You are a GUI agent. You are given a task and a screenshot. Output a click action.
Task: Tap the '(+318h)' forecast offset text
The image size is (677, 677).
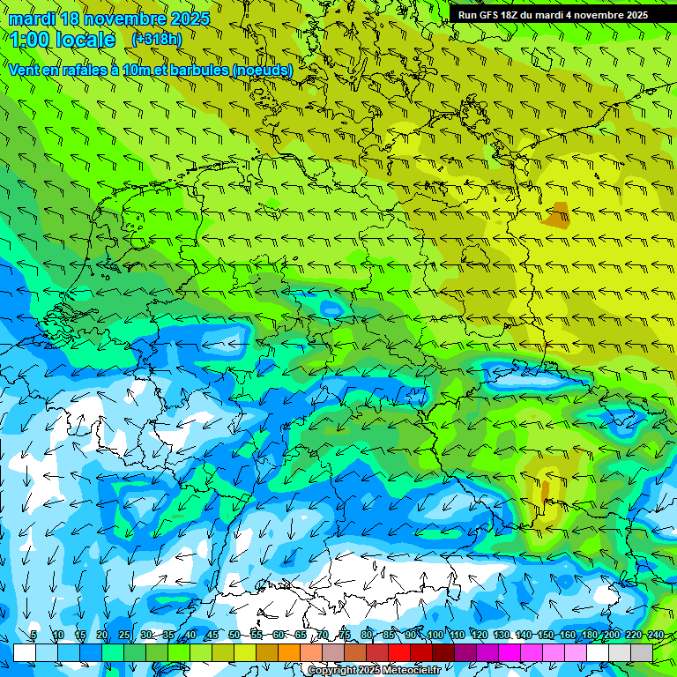point(157,39)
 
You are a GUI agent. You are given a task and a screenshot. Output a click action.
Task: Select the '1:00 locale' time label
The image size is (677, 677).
point(63,40)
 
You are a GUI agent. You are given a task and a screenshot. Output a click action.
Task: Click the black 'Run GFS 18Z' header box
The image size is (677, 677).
point(553,15)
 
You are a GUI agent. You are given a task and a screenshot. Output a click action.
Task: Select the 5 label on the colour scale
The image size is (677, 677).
point(33,636)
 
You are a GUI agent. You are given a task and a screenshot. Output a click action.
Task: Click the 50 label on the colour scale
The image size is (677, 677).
point(234,636)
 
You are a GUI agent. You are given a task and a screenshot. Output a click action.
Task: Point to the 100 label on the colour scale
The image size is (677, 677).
point(434,636)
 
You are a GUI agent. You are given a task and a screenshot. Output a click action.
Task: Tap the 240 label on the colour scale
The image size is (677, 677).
point(655,636)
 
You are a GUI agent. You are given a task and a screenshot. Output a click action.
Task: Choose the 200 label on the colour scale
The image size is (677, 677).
point(612,636)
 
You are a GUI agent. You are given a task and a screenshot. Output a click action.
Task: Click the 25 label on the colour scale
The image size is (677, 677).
point(124,636)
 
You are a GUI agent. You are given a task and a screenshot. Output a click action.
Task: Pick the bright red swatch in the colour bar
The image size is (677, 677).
point(399,652)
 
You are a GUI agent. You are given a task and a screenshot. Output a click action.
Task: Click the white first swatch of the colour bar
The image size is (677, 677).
point(24,652)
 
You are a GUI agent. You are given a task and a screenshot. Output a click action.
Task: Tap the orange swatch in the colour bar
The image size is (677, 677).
point(289,652)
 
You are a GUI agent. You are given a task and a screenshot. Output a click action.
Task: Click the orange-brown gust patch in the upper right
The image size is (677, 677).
point(557,215)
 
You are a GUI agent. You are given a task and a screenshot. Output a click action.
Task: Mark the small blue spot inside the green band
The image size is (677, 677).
point(331,308)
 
